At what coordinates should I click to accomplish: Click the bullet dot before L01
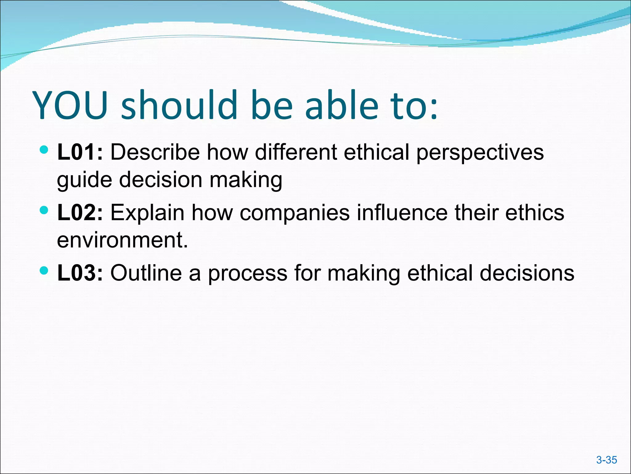[44, 150]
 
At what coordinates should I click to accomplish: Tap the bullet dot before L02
[44, 211]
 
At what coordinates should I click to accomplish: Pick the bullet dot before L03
[44, 271]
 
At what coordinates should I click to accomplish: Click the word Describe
[155, 152]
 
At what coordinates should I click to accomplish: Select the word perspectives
[480, 153]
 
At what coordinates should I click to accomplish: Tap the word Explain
[147, 213]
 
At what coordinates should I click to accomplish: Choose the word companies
[295, 213]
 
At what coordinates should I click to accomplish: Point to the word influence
[402, 213]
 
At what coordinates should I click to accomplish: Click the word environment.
[122, 240]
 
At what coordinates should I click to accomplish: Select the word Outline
[146, 273]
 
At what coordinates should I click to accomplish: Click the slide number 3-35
[606, 460]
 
